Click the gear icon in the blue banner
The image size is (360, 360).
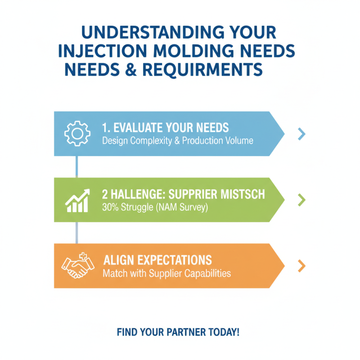pos(77,133)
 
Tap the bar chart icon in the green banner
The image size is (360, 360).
pos(77,201)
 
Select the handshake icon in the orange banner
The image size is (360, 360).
pos(78,265)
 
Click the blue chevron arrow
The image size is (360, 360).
pos(301,134)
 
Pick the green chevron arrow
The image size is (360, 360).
pos(301,200)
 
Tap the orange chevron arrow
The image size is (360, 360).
pos(301,266)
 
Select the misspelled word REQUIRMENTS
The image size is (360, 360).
pos(202,70)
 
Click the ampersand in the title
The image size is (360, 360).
pos(131,70)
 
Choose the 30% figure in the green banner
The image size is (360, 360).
pos(110,207)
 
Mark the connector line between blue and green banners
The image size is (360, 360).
pos(76,166)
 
